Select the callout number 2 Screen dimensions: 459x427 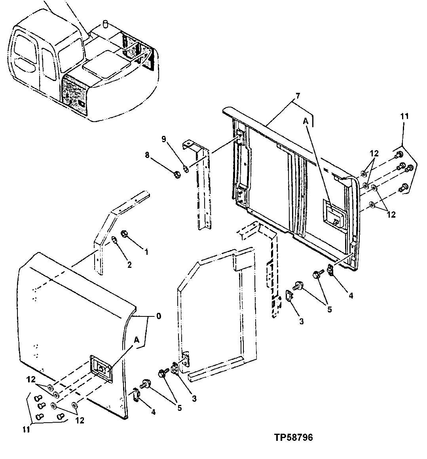pyautogui.click(x=129, y=265)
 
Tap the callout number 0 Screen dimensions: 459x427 pyautogui.click(x=158, y=316)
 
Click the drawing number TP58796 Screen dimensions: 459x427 pyautogui.click(x=293, y=438)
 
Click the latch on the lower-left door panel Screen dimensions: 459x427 pyautogui.click(x=101, y=369)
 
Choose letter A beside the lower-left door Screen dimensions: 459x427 pyautogui.click(x=137, y=339)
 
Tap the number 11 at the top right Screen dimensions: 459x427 pyautogui.click(x=404, y=116)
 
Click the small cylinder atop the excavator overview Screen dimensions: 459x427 pyautogui.click(x=106, y=24)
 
